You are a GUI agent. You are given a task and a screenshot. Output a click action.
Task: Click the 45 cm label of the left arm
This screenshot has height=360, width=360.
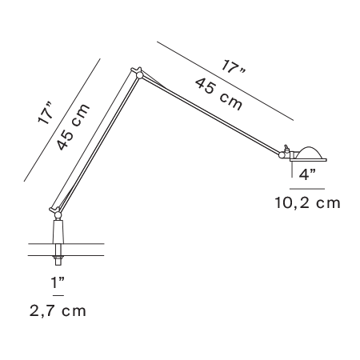(x=73, y=126)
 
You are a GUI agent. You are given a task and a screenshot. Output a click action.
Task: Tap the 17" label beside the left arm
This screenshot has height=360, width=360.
(x=46, y=113)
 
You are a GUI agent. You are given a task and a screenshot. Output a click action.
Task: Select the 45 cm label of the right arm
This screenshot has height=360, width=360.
(x=218, y=94)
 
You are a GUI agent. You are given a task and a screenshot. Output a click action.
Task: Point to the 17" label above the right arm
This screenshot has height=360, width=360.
(x=233, y=67)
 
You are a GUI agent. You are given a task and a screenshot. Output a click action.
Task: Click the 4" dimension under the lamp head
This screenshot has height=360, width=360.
(x=307, y=174)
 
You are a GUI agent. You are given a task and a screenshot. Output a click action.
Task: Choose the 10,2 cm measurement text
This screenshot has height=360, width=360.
(x=307, y=203)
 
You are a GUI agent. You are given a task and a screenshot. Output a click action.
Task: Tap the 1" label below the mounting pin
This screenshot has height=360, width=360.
(x=58, y=283)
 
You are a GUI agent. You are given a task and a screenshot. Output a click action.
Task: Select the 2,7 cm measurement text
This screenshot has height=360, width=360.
(x=58, y=311)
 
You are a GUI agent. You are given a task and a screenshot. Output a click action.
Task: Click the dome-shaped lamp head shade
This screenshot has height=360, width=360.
(x=310, y=153)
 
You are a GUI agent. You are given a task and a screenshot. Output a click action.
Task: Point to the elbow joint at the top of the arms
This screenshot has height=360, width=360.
(x=138, y=74)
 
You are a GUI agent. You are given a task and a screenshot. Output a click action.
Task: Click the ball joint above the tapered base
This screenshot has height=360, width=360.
(x=58, y=214)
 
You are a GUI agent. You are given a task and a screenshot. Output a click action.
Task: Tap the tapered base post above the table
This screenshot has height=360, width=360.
(x=58, y=231)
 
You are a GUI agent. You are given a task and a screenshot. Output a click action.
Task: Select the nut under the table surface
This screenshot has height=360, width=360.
(x=58, y=258)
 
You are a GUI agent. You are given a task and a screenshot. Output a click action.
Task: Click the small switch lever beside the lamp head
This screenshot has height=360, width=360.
(x=286, y=148)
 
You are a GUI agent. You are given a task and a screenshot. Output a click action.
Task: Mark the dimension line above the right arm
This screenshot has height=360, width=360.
(x=225, y=81)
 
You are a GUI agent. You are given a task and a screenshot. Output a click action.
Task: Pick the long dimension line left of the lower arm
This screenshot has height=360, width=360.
(x=62, y=120)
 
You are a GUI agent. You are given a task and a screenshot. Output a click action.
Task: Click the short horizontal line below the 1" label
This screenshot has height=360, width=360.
(x=58, y=295)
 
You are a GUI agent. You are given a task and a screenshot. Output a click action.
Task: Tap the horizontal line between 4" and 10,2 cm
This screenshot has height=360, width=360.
(x=307, y=189)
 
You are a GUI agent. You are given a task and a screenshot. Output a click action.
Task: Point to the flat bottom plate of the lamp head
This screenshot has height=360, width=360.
(x=308, y=160)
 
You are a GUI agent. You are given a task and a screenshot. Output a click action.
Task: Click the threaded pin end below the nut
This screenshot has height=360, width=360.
(x=58, y=262)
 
